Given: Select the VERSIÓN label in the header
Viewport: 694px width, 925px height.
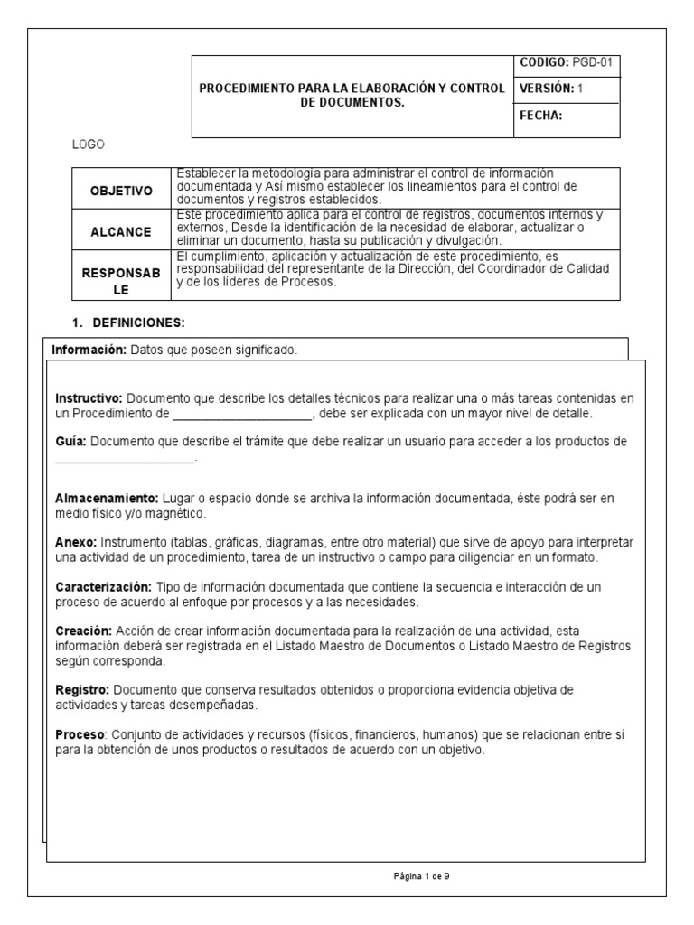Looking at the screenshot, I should (x=547, y=89).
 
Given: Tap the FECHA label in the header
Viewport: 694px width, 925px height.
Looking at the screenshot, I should (x=541, y=116).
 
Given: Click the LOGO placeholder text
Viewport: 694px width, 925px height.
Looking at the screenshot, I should (x=89, y=145).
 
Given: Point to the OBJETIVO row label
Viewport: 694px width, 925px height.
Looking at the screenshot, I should (x=121, y=192).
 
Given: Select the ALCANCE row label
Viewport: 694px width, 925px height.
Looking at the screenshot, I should (x=121, y=232).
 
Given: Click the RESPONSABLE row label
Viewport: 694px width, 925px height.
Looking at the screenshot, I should (x=121, y=276).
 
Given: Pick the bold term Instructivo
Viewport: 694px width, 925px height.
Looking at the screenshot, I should (x=89, y=398).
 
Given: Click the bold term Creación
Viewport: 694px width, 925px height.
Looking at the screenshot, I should (x=83, y=631).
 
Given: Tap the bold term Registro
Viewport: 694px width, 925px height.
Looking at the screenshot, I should (x=82, y=690).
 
